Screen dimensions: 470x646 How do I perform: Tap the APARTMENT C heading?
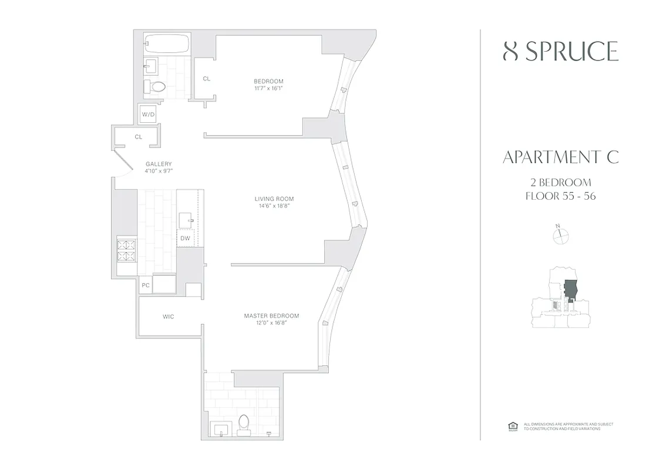pos(560,157)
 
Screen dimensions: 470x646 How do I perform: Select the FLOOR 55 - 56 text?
pos(560,196)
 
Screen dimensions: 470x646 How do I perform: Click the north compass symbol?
pos(561,235)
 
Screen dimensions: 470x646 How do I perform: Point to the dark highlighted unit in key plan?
pos(570,290)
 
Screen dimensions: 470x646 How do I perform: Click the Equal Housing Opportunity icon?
pos(512,426)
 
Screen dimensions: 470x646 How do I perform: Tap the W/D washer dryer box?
pos(147,115)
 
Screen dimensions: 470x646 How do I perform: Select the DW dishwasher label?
pos(185,238)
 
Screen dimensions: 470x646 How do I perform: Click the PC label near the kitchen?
pos(146,286)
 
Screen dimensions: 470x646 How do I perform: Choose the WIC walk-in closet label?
pos(169,317)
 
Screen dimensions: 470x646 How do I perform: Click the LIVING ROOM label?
pos(270,199)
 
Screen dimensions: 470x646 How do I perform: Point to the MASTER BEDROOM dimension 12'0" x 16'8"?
pos(271,323)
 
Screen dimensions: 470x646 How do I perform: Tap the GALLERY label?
pos(159,164)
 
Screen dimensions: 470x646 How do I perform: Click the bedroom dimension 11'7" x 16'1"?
pos(268,88)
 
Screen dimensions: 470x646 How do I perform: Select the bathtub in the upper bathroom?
pos(167,45)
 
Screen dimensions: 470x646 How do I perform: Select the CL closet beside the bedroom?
pos(206,78)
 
